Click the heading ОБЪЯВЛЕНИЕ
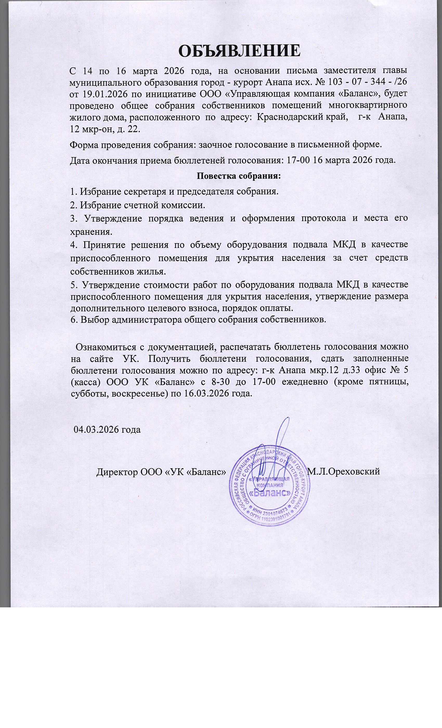coord(239,51)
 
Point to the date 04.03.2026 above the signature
coord(107,429)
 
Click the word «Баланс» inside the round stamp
coord(269,493)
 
